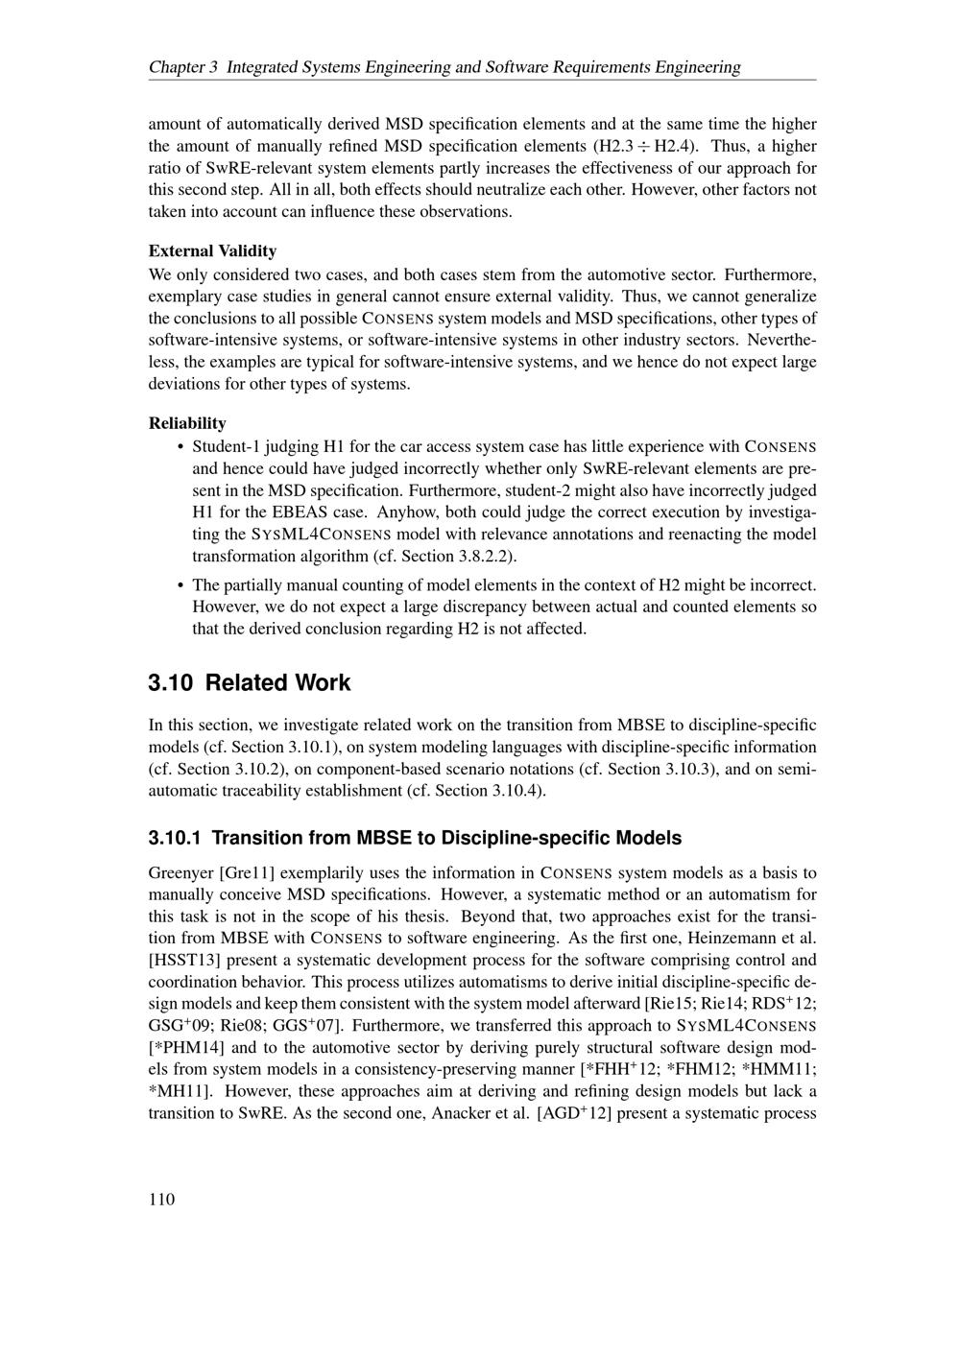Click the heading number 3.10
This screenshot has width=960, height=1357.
(x=171, y=683)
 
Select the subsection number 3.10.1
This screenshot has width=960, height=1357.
(x=175, y=838)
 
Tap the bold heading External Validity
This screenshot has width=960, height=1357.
(x=212, y=251)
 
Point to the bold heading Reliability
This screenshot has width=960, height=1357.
(x=187, y=423)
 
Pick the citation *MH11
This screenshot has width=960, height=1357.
(x=174, y=1091)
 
